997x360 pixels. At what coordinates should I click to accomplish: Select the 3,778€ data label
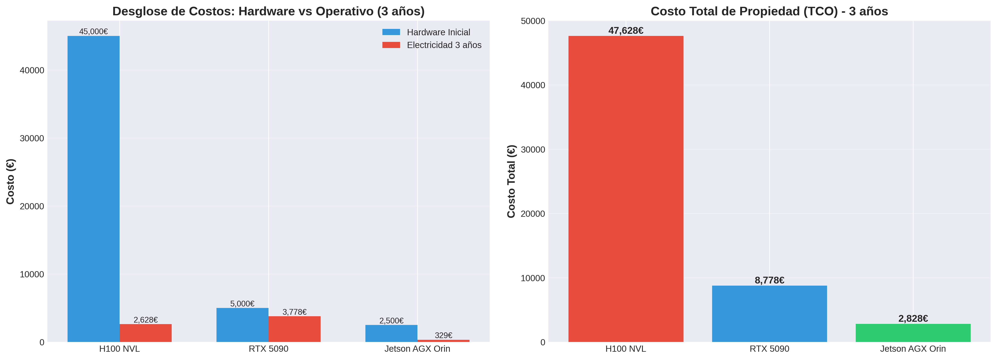[x=294, y=312]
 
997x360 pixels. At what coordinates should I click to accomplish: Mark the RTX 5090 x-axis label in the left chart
[x=268, y=349]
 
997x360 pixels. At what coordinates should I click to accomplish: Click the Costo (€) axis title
[x=10, y=181]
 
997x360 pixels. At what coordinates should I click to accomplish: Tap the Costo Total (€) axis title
[x=511, y=181]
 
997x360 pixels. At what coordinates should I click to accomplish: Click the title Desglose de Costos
[x=268, y=11]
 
